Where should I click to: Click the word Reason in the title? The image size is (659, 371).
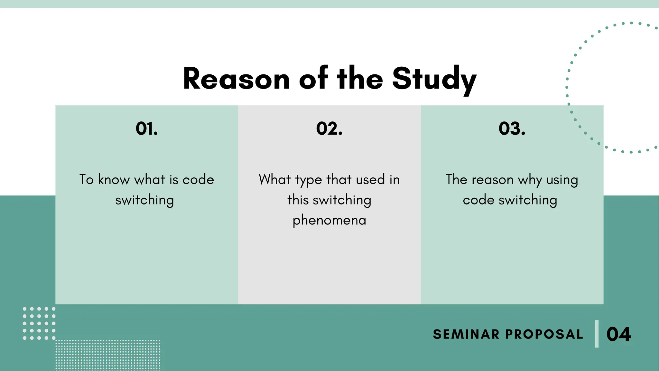[x=237, y=79]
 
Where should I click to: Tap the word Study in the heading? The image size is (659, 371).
[x=434, y=79]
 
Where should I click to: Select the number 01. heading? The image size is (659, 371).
[x=147, y=128]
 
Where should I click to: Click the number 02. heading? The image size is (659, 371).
[x=329, y=128]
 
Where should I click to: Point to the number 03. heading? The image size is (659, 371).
[x=512, y=128]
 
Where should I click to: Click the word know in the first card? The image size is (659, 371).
[x=114, y=179]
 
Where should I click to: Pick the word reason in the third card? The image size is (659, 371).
[x=493, y=180]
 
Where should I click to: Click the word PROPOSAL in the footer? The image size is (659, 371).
[x=544, y=334]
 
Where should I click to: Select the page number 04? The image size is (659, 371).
[x=618, y=334]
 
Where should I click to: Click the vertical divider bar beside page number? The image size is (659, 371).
[x=597, y=334]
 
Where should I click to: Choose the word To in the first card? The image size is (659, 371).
[x=86, y=179]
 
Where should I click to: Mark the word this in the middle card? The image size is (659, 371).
[x=298, y=200]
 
